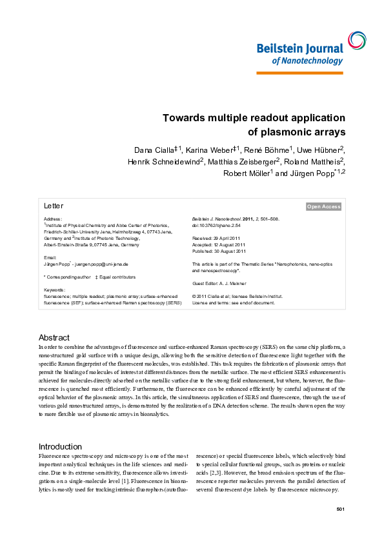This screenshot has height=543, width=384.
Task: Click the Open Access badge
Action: pyautogui.click(x=323, y=207)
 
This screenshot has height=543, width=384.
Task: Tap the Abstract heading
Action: pyautogui.click(x=54, y=337)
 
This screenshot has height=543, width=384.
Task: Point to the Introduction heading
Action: pyautogui.click(x=61, y=446)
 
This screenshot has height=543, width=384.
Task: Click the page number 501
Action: pyautogui.click(x=341, y=510)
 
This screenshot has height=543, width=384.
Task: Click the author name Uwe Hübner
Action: pyautogui.click(x=321, y=150)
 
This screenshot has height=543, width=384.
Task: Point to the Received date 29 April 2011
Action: pyautogui.click(x=218, y=239)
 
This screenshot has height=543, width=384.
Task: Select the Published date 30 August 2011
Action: pyautogui.click(x=219, y=252)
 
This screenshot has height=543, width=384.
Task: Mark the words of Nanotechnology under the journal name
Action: pyautogui.click(x=307, y=61)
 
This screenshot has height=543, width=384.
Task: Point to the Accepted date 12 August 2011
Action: pyautogui.click(x=219, y=245)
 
